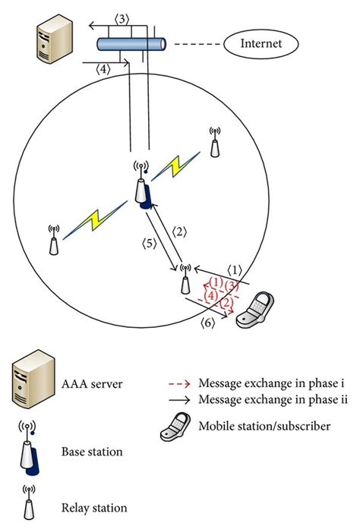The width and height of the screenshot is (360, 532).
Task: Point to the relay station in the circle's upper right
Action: coord(215,141)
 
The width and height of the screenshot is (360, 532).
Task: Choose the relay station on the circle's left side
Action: coord(53,239)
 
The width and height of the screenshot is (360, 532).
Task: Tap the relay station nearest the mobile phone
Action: coord(184,280)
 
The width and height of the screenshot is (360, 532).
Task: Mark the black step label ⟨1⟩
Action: coord(235,269)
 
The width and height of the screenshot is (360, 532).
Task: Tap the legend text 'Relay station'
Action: coord(94,508)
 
